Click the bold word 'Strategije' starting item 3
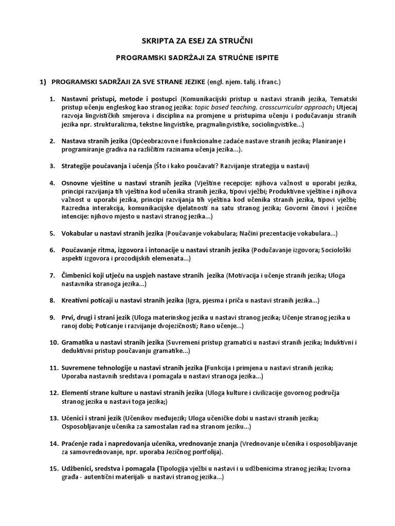pyautogui.click(x=78, y=166)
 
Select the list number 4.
pyautogui.click(x=52, y=183)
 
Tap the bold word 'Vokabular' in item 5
pyautogui.click(x=78, y=233)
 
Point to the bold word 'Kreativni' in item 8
pyautogui.click(x=77, y=300)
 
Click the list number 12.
pyautogui.click(x=53, y=393)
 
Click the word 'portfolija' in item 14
pyautogui.click(x=204, y=452)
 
